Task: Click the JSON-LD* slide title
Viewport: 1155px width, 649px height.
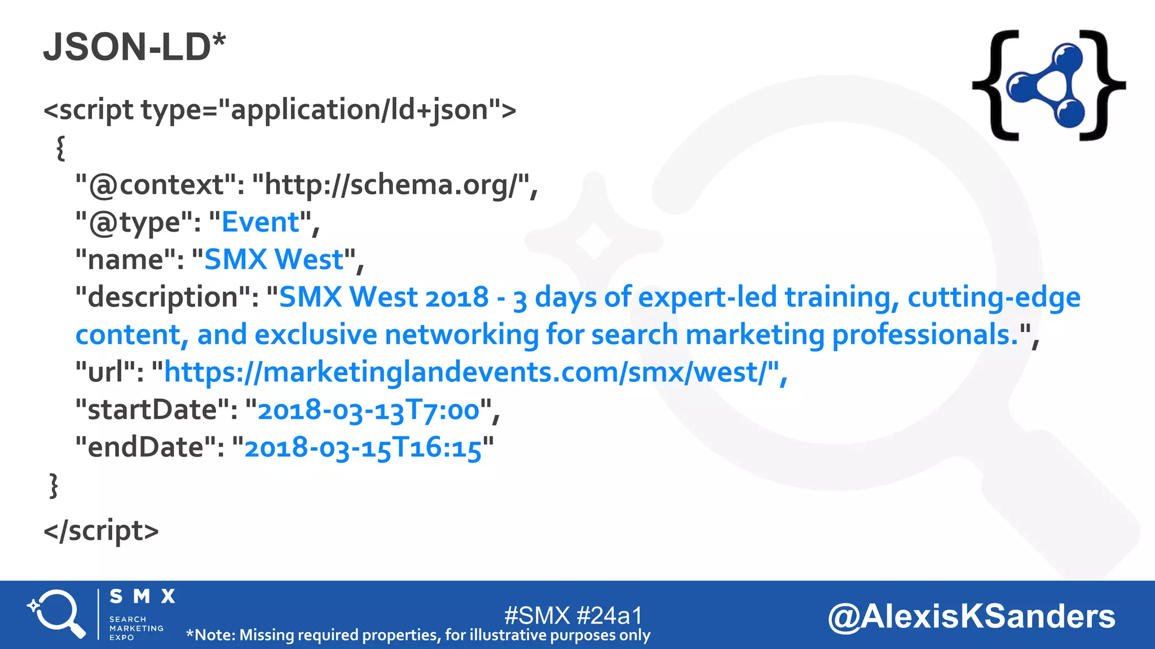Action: pos(134,47)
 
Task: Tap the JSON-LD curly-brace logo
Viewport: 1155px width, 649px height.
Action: pos(1048,85)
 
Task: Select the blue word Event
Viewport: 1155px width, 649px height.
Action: pos(260,222)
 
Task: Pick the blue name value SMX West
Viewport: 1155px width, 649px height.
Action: pos(274,260)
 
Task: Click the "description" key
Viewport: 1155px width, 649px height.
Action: pos(167,297)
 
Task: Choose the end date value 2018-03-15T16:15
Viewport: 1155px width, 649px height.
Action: pos(363,448)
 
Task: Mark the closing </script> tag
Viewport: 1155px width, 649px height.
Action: pos(102,531)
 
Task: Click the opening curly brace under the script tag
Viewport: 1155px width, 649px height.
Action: pos(60,148)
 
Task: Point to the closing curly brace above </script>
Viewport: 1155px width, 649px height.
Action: pos(54,485)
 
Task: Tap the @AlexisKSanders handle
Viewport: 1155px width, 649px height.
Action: pos(971,616)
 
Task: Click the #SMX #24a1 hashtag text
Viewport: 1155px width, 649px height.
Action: pos(573,615)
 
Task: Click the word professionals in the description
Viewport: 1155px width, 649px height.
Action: pos(925,335)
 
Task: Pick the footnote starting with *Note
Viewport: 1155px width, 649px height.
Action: pos(418,635)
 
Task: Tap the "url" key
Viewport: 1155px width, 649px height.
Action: pos(109,372)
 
